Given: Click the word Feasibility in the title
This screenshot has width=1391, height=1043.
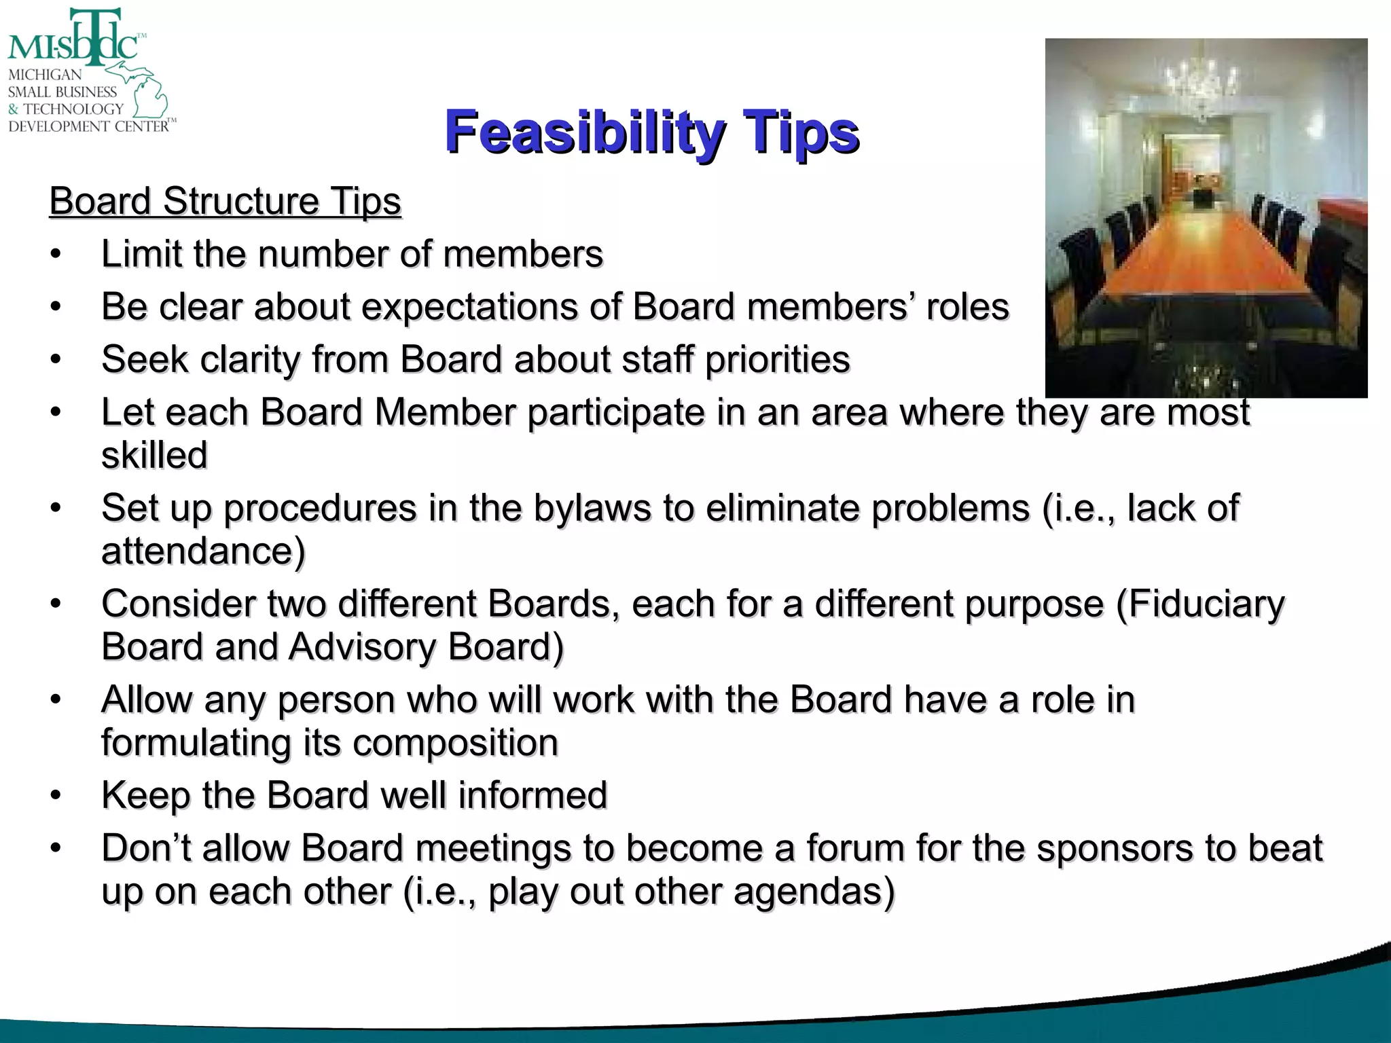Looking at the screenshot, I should coord(584,132).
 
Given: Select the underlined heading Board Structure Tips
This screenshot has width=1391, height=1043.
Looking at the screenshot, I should coord(225,201).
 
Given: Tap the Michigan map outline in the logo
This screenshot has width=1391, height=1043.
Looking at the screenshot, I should coord(145,92).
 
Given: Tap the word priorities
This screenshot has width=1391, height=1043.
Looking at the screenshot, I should coord(777,359).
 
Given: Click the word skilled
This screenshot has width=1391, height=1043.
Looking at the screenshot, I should coord(154,455).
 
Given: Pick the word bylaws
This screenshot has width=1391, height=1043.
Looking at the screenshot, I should coord(592,508).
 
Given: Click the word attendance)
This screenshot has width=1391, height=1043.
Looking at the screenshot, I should coord(203,551).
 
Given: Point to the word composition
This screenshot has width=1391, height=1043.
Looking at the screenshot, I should coord(455,742).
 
